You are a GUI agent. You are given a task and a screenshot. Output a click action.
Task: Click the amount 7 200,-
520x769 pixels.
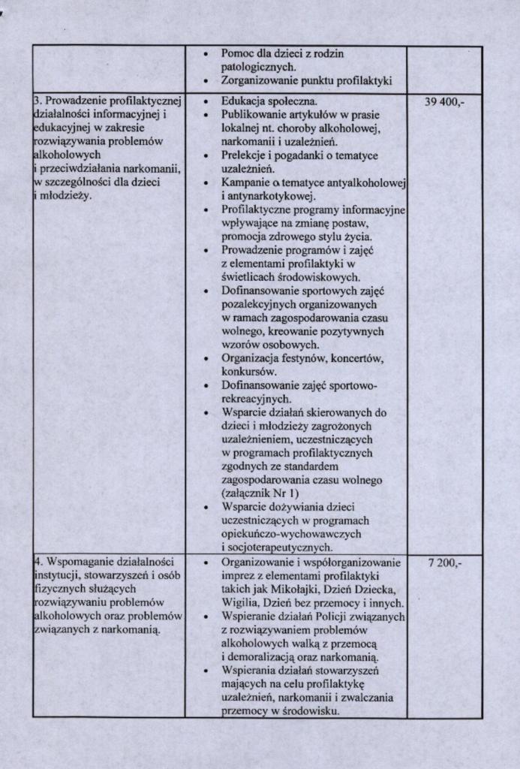[443, 563]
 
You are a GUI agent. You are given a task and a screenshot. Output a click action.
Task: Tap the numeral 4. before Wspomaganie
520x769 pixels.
[38, 563]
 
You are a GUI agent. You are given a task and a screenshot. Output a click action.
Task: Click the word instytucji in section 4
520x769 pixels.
[57, 577]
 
